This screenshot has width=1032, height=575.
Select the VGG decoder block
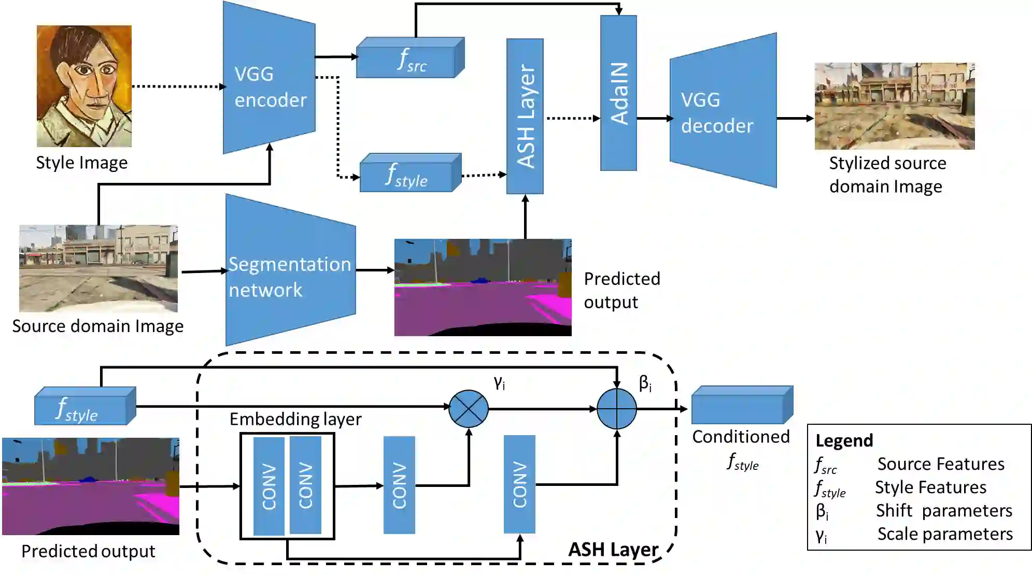[723, 111]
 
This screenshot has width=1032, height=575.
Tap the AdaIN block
[618, 93]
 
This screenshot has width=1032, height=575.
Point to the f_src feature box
[409, 59]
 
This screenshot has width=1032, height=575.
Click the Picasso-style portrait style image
[84, 86]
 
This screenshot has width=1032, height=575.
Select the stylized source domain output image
[894, 106]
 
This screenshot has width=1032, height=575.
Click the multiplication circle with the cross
[468, 409]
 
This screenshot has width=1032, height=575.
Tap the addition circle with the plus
[616, 409]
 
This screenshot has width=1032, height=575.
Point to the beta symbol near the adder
[645, 383]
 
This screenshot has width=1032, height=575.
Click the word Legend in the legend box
[844, 440]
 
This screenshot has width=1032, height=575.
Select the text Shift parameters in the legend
[943, 511]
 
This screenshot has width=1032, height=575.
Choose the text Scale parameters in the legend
[944, 534]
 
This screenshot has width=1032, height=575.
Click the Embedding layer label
[295, 419]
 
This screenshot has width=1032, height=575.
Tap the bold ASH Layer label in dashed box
[613, 549]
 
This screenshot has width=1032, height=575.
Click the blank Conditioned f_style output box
[742, 406]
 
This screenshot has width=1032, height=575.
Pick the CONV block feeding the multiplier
[399, 485]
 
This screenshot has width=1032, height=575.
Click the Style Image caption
[81, 163]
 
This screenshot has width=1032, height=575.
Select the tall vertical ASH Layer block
[525, 116]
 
